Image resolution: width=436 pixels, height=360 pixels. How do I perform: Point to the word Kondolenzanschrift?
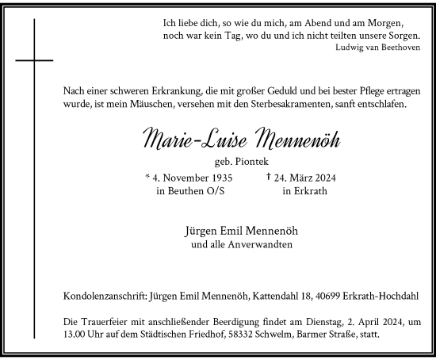[x=109, y=297]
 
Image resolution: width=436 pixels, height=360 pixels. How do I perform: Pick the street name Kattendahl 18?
[x=283, y=297]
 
